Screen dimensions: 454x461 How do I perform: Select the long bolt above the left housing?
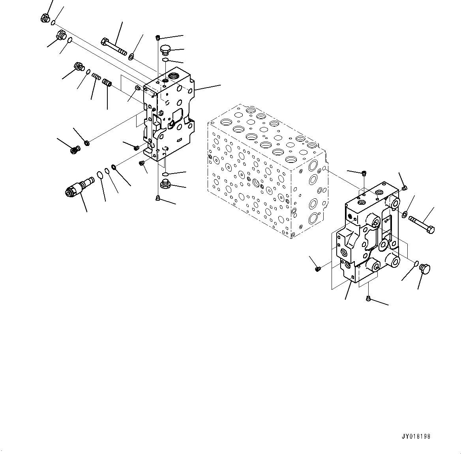(114, 46)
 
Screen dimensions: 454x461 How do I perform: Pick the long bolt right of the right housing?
(422, 223)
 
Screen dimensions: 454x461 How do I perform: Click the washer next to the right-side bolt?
(405, 215)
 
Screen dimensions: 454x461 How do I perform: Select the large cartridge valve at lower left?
(79, 187)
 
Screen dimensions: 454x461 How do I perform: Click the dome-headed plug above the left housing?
(165, 50)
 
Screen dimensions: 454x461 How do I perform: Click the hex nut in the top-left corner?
(45, 18)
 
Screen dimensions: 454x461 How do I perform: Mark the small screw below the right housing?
(368, 298)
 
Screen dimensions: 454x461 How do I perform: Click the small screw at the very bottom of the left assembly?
(158, 198)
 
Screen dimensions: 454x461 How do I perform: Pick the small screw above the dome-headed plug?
(158, 37)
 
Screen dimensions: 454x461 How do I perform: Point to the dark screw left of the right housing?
(318, 269)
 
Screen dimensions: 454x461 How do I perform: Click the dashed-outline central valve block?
(266, 170)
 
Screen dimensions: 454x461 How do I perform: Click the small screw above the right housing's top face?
(364, 173)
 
